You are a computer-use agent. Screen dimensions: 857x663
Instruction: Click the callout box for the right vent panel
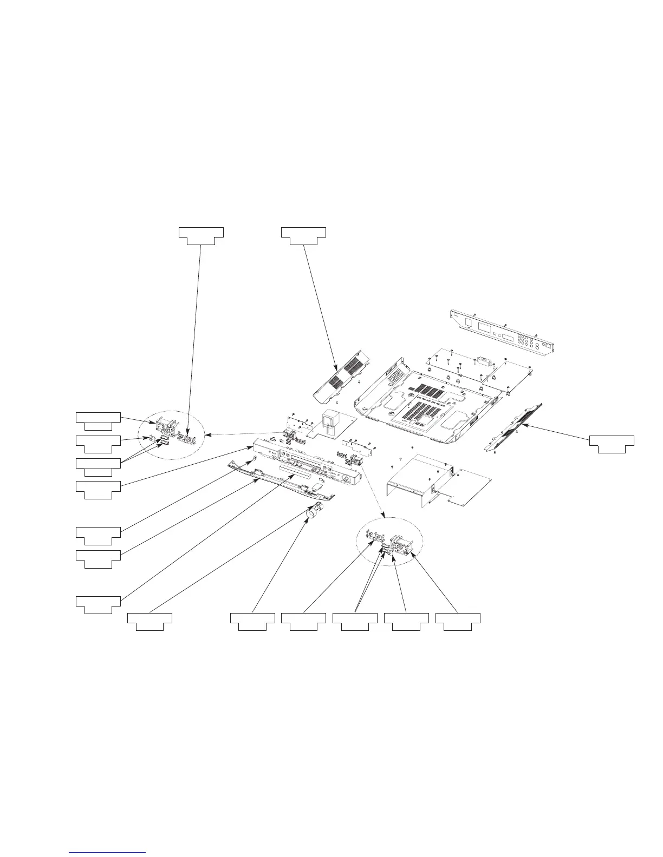click(x=612, y=444)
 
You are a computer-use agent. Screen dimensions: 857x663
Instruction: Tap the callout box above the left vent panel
click(x=303, y=236)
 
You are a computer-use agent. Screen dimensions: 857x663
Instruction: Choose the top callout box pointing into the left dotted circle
click(x=201, y=236)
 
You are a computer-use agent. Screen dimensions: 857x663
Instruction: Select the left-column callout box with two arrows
click(x=98, y=466)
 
